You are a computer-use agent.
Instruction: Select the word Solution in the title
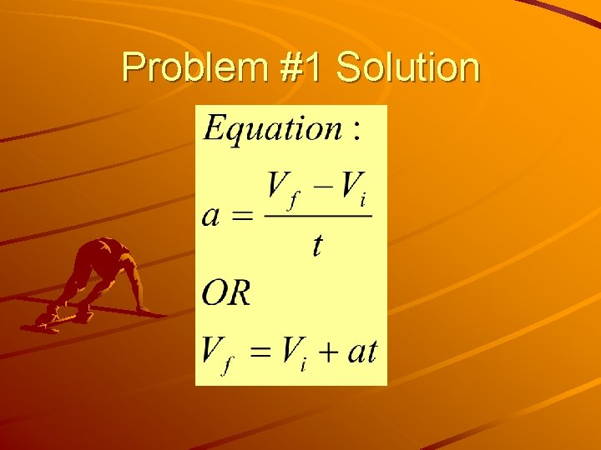pyautogui.click(x=407, y=68)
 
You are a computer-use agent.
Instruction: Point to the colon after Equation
pyautogui.click(x=356, y=131)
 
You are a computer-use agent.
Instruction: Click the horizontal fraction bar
pyautogui.click(x=317, y=216)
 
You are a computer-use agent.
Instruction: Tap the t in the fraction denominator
pyautogui.click(x=317, y=245)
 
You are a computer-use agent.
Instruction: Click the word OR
pyautogui.click(x=226, y=293)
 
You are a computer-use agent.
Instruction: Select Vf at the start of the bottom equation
pyautogui.click(x=217, y=353)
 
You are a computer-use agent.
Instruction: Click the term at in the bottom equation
pyautogui.click(x=362, y=351)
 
